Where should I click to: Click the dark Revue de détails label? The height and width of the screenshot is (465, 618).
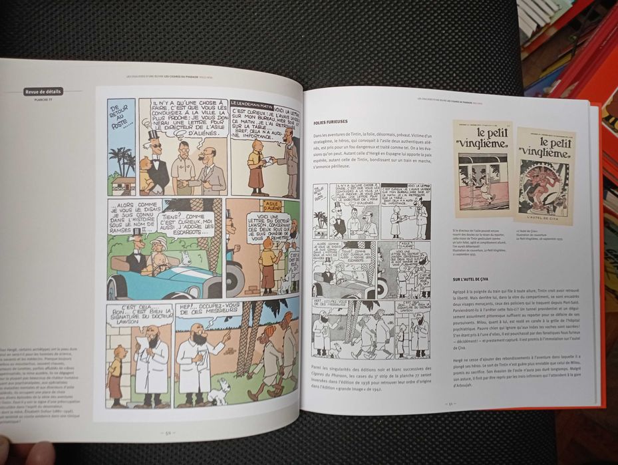coord(43,92)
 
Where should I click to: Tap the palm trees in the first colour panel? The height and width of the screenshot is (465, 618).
coord(121,160)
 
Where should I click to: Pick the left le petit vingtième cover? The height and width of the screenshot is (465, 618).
coord(482,168)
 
